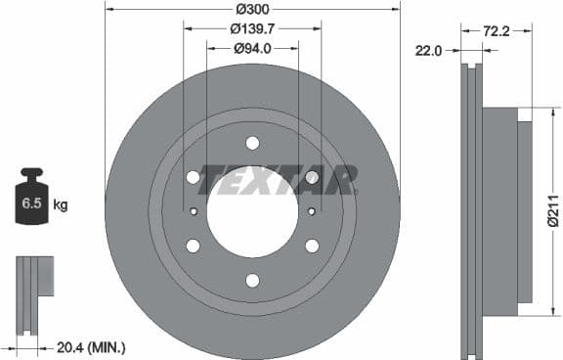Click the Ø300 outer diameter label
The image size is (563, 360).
pos(252,9)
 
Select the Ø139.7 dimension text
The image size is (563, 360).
pos(252,28)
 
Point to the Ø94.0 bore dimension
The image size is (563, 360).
pos(252,48)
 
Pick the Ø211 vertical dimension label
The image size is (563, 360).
pos(552,211)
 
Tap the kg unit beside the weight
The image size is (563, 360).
pos(61,205)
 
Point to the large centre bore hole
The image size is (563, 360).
pos(252,212)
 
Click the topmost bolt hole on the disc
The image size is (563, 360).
pos(252,143)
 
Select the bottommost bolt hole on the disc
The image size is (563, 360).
pos(252,281)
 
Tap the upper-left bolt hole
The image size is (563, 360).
pos(193,177)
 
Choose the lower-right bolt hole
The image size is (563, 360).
pos(312,246)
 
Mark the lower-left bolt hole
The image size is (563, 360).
pos(193,246)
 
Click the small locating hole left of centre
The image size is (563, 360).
pos(194,211)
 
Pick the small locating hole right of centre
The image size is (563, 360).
pos(312,211)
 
